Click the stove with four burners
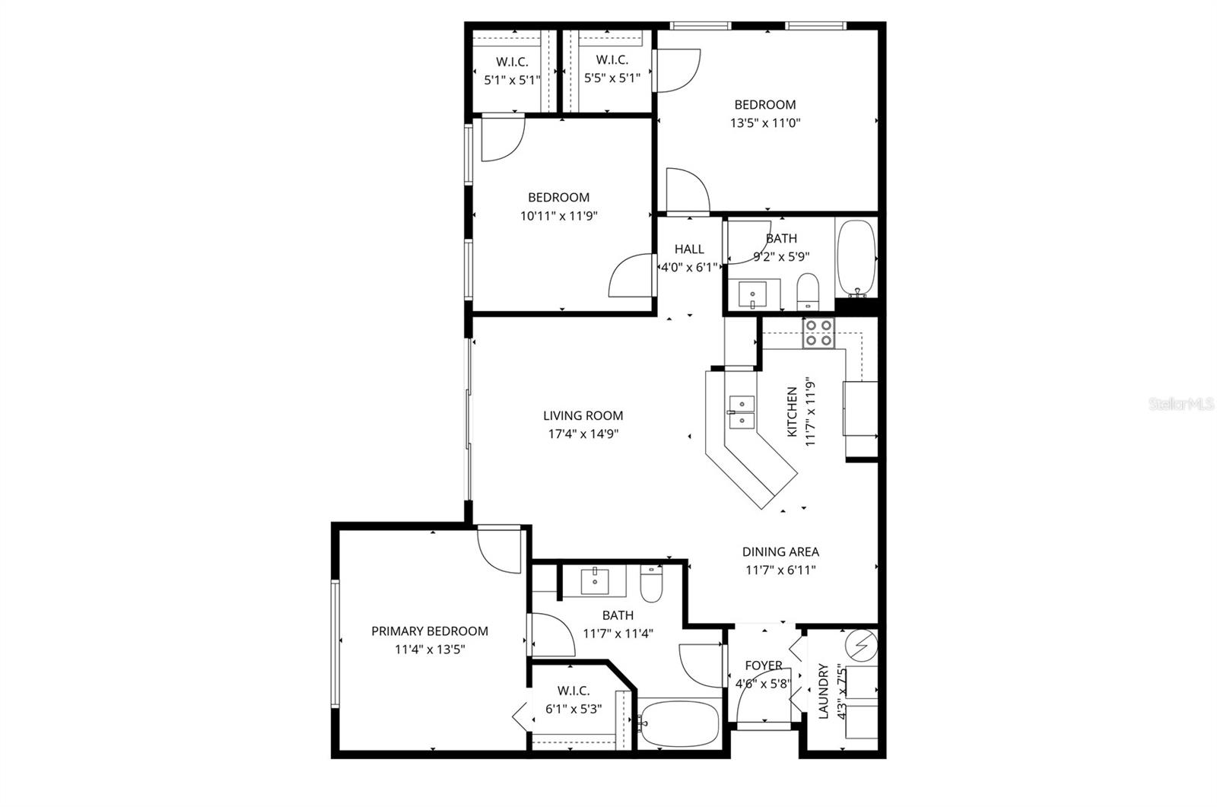pos(819,333)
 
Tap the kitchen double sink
pos(740,411)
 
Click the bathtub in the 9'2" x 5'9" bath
pos(856,259)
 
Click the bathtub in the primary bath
pos(678,723)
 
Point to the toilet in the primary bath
pos(651,583)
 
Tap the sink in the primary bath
pos(594,581)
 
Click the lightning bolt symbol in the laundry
pos(863,646)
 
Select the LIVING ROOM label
pos(583,416)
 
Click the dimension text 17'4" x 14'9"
pos(583,434)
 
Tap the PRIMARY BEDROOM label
pos(430,631)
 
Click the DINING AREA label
pos(780,552)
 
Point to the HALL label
pos(689,249)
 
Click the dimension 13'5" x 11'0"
pos(765,123)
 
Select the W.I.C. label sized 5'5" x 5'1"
pos(612,60)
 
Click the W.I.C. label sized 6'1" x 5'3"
pos(574,691)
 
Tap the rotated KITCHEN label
pos(792,411)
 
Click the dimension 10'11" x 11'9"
pos(559,216)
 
